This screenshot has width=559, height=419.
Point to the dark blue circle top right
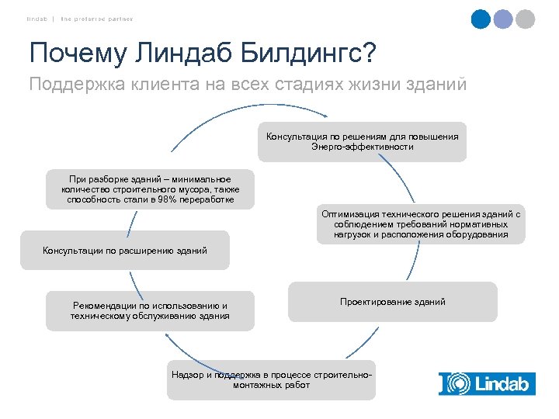point(481,19)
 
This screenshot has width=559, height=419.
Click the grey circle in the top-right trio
point(526,19)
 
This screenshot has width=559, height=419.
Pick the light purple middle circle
point(503,19)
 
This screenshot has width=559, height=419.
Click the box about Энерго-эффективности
point(362,141)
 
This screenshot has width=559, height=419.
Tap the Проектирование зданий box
point(392,302)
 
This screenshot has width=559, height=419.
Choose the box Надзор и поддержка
point(271,380)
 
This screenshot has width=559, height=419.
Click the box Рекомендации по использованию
point(150,311)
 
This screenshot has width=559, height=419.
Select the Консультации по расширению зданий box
point(125,251)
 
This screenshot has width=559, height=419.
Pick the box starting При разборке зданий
point(150,189)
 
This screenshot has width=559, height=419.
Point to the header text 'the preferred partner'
point(97,19)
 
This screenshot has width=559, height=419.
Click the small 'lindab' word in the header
point(36,19)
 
